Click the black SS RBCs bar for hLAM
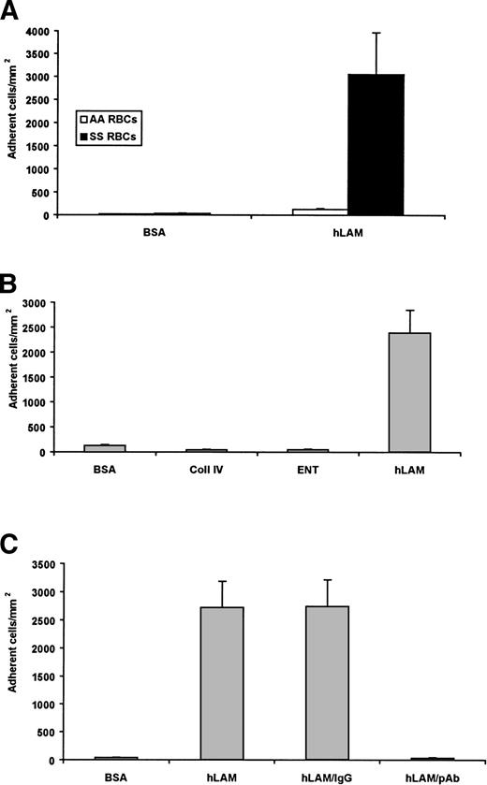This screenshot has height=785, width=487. pyautogui.click(x=376, y=145)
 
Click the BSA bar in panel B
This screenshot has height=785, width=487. pyautogui.click(x=104, y=448)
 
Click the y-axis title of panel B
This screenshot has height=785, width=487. pyautogui.click(x=12, y=379)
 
